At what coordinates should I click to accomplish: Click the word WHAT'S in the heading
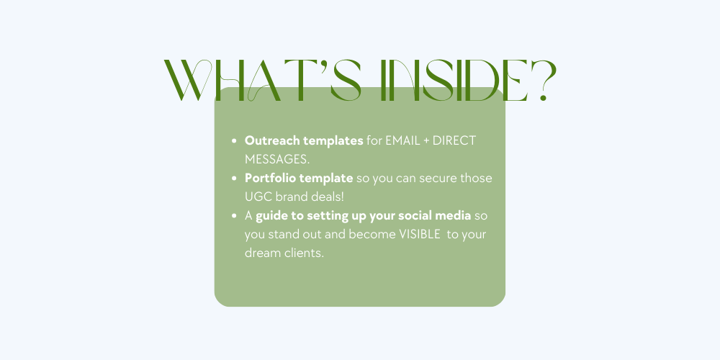click(x=263, y=81)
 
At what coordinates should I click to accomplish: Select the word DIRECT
click(x=454, y=140)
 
